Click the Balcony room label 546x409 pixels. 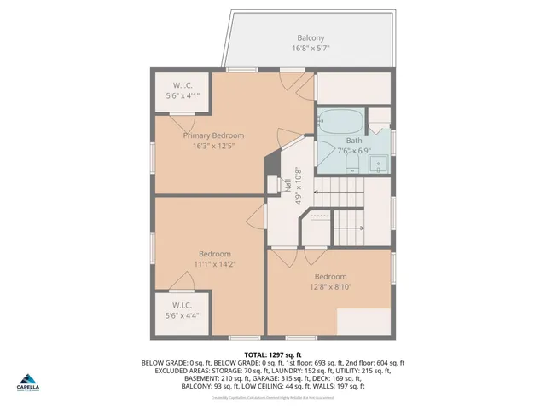[x=310, y=38]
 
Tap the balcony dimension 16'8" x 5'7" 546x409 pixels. [x=310, y=49]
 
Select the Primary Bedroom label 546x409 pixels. [x=213, y=135]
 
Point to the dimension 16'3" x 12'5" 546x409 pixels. [x=213, y=146]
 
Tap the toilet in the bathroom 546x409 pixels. [x=380, y=119]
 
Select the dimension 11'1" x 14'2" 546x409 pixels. [x=215, y=264]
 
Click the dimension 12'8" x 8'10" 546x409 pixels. [x=329, y=287]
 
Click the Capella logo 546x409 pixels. [x=26, y=381]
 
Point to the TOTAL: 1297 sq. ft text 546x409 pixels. [x=273, y=354]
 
